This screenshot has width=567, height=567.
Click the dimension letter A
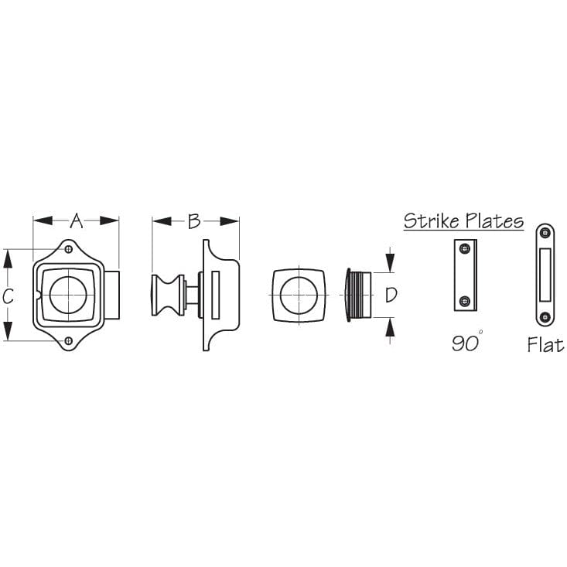click(x=76, y=221)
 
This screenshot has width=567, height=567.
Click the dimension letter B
click(x=194, y=221)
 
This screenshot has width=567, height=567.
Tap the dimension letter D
click(x=391, y=295)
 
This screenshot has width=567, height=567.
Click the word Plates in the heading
click(x=494, y=221)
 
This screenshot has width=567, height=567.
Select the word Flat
click(x=545, y=345)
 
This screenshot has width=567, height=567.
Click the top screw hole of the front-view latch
click(x=69, y=250)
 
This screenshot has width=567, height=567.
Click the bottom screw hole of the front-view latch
click(x=69, y=340)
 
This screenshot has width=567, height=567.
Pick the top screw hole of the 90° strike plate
click(x=464, y=248)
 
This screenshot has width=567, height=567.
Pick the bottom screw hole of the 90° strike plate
click(x=464, y=301)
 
